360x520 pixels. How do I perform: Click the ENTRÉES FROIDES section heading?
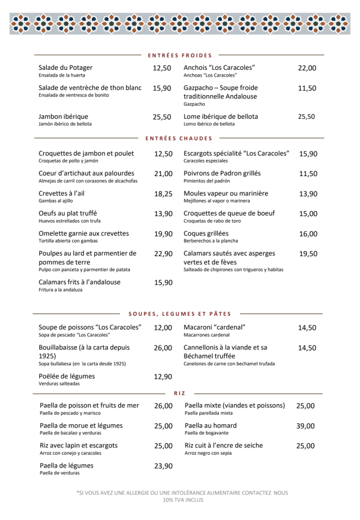(179, 55)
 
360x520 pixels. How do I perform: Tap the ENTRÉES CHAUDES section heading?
(179, 138)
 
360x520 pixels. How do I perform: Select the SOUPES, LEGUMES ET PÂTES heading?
(180, 313)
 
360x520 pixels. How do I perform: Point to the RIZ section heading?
(179, 393)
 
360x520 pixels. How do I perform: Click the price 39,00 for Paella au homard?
(305, 426)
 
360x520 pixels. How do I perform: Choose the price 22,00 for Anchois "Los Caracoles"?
(307, 68)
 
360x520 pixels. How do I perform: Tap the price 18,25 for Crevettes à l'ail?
(163, 194)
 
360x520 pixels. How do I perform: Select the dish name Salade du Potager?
(65, 68)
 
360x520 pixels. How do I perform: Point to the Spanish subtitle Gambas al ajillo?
(56, 200)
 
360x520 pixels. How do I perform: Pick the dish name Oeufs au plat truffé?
(67, 213)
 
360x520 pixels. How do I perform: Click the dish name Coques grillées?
(206, 234)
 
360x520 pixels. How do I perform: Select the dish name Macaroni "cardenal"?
(215, 328)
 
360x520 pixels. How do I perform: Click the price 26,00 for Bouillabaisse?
(163, 348)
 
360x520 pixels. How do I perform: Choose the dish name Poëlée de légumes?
(66, 376)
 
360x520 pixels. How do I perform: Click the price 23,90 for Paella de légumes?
(163, 466)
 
